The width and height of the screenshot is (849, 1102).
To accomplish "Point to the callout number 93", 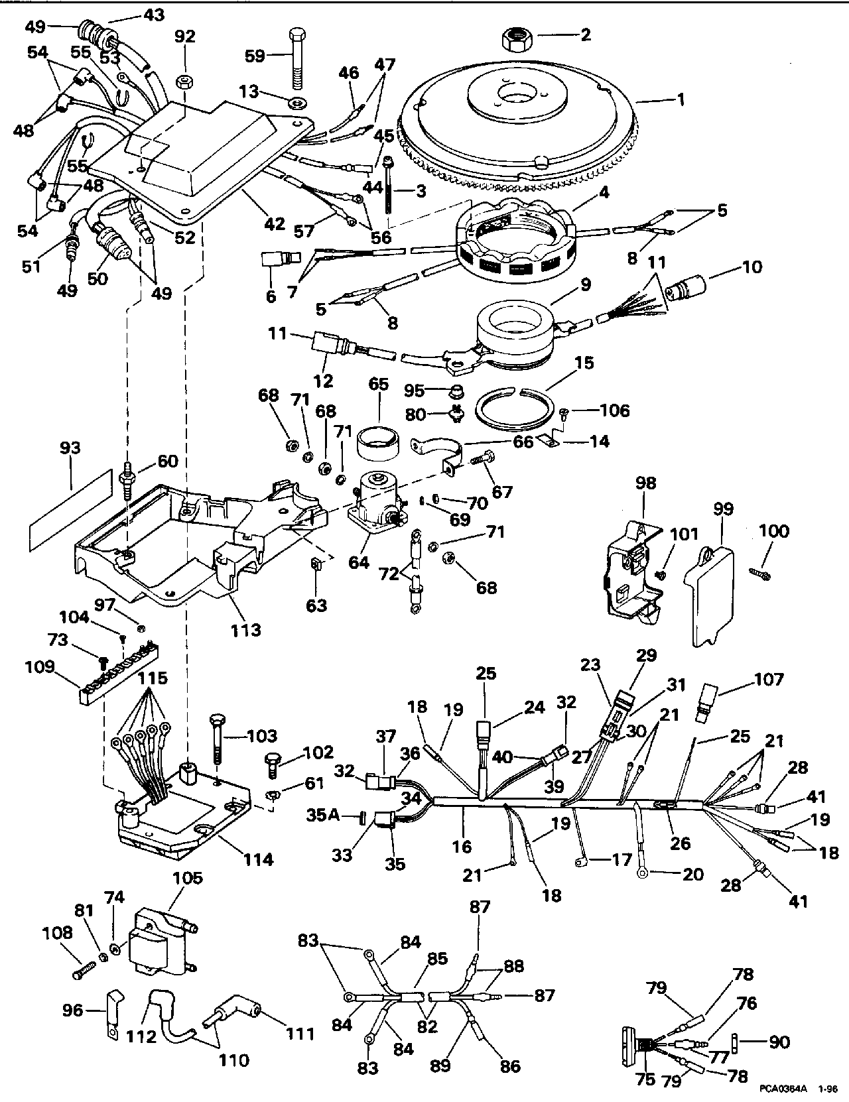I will (70, 448).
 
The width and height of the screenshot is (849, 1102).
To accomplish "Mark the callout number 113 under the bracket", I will (245, 629).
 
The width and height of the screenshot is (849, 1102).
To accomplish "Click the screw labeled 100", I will (759, 571).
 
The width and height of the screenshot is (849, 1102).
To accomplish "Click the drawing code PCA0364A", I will (783, 1089).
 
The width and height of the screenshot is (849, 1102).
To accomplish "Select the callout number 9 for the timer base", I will (584, 285).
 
